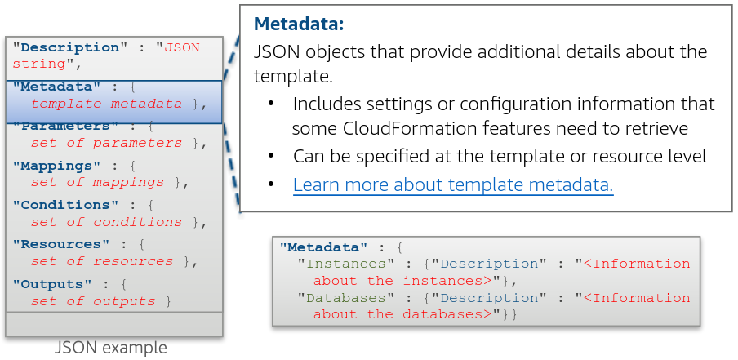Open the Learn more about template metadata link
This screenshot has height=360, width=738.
(453, 185)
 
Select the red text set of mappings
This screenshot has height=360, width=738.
(98, 182)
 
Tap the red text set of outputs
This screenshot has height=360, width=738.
(93, 301)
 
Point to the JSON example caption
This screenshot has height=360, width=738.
(111, 349)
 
